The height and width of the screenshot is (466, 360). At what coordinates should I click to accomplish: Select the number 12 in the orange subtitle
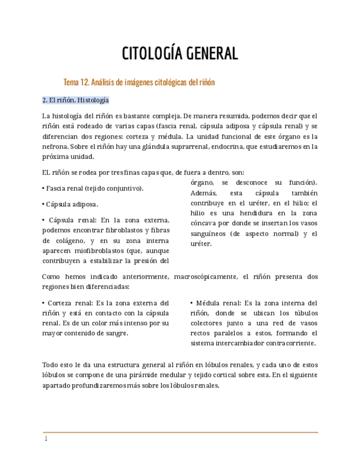coord(84,82)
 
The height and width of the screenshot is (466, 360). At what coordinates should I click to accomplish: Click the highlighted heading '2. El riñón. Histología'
coord(75,101)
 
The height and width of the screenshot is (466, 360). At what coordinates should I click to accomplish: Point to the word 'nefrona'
coord(55,146)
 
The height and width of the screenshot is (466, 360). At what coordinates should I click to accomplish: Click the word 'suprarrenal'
coord(212,146)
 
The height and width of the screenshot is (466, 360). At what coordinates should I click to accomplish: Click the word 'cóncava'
coord(204,223)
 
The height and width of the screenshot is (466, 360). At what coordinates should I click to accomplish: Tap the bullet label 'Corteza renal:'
coord(69,303)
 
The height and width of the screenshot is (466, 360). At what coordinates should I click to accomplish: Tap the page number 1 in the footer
coord(46,439)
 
